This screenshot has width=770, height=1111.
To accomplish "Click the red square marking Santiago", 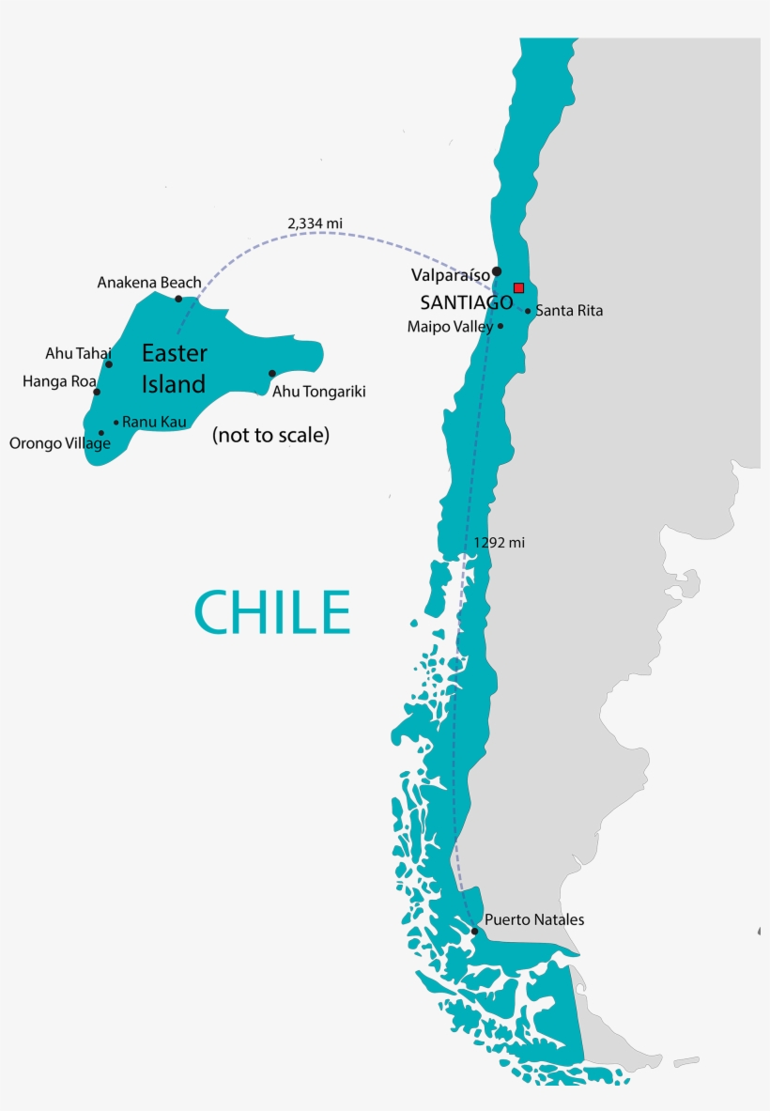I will [518, 287].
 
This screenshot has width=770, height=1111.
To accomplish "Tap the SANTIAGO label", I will [466, 303].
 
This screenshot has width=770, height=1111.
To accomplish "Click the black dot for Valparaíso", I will [497, 271].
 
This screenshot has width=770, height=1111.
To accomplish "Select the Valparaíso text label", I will [451, 275].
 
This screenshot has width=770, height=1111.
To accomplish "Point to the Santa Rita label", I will [569, 311].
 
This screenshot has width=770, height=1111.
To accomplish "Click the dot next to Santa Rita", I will [528, 311].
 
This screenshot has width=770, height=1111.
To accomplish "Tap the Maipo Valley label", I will [450, 327].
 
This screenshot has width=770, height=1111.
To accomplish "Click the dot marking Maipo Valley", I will [500, 326].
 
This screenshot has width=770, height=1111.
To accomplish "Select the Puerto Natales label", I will [534, 919].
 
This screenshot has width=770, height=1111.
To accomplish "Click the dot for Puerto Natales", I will [475, 931].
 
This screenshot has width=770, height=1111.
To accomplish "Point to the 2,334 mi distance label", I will [315, 223].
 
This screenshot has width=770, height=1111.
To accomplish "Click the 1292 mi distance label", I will [499, 543].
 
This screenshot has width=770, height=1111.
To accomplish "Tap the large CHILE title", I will [272, 612].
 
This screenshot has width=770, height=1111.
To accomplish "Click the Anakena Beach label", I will [149, 282].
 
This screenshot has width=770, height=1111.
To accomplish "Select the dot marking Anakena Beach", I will [178, 299].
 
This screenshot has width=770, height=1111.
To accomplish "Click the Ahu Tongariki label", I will [318, 392].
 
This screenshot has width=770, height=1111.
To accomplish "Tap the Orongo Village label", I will [60, 443].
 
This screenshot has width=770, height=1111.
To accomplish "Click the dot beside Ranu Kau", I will [116, 423].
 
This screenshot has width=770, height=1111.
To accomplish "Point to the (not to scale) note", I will [270, 436].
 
